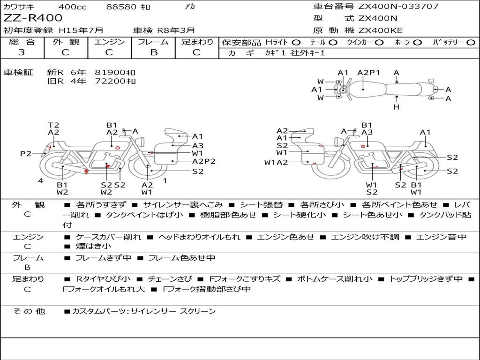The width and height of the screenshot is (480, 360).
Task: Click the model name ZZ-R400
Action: pos(33,18)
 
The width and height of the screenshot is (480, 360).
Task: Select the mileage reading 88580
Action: pos(121,7)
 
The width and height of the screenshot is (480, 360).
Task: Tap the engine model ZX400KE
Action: pos(380,30)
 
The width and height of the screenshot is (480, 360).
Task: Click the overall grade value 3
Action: pos(22,52)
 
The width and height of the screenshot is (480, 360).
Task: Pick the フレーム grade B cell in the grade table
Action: pos(153,52)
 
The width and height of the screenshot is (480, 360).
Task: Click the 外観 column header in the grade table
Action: pos(66,42)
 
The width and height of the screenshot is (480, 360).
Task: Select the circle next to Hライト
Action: pos(297,42)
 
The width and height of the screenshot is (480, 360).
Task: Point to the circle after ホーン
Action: pos(418,42)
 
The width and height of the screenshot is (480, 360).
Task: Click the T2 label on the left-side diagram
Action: pos(53,125)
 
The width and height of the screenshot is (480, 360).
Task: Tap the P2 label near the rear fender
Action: pos(26,154)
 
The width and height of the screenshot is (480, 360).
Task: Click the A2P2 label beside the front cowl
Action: pos(204,161)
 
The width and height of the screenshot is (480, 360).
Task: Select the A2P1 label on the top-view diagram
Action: pos(368,73)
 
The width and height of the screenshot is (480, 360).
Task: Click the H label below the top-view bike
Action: pos(397,107)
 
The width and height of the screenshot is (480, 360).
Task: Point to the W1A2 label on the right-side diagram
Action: pos(276,163)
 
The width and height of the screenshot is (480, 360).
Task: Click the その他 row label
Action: pos(28,311)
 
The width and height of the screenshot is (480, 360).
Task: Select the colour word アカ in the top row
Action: pos(190,7)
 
